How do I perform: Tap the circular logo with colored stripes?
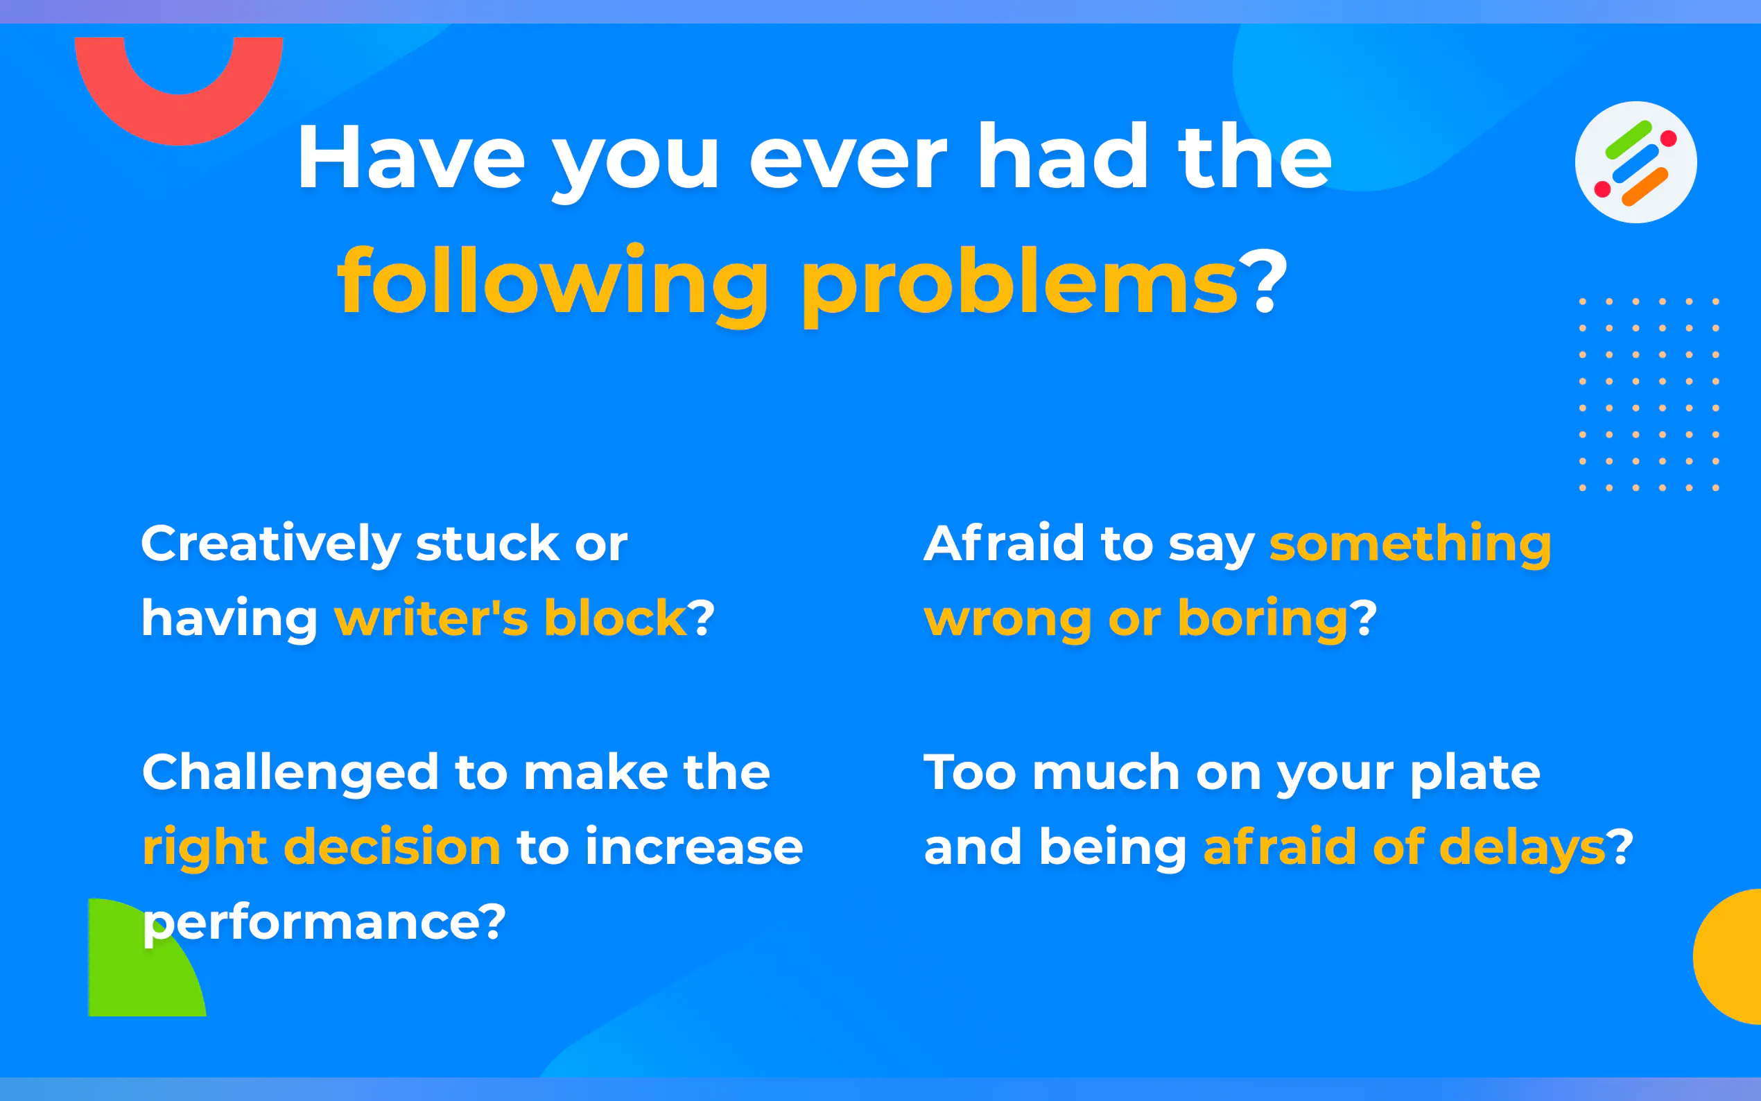click(x=1636, y=162)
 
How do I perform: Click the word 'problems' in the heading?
click(x=1020, y=284)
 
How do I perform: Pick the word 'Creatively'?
click(x=271, y=546)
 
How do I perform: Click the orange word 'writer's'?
click(x=431, y=618)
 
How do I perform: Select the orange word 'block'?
click(x=615, y=617)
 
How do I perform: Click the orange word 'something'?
click(x=1410, y=546)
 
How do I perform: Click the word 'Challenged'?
click(x=290, y=773)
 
